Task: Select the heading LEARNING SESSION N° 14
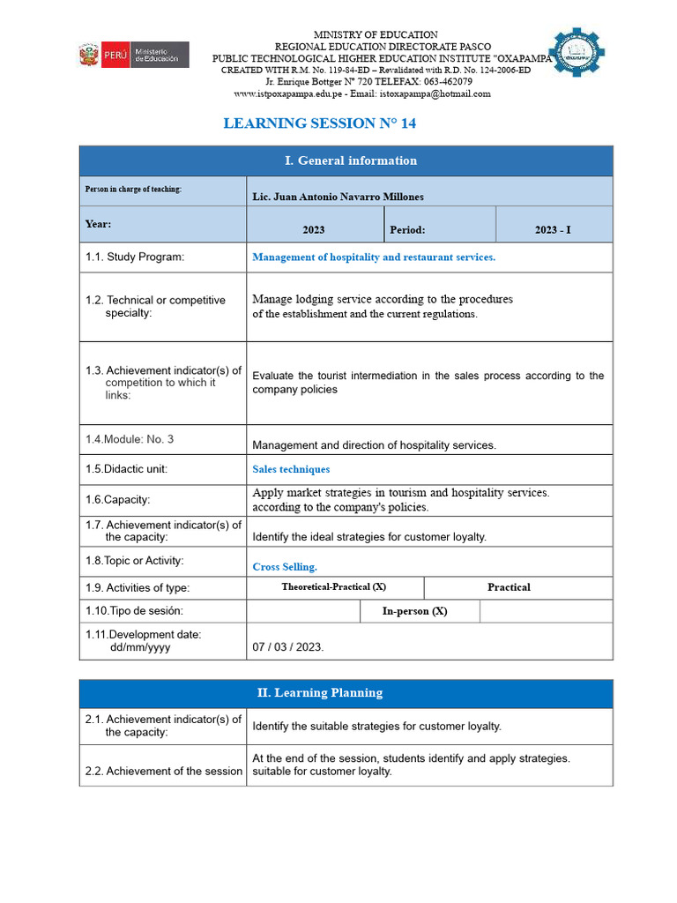pyautogui.click(x=319, y=123)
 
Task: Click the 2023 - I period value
pyautogui.click(x=553, y=229)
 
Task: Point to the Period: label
pyautogui.click(x=407, y=229)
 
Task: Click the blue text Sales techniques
pyautogui.click(x=291, y=469)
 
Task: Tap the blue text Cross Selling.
pyautogui.click(x=284, y=567)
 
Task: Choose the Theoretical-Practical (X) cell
pyautogui.click(x=334, y=587)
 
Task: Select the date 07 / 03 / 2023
pyautogui.click(x=288, y=646)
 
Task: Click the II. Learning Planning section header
pyautogui.click(x=320, y=693)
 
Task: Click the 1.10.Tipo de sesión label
pyautogui.click(x=134, y=610)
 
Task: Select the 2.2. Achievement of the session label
pyautogui.click(x=163, y=771)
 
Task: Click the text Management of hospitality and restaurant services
pyautogui.click(x=374, y=257)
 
